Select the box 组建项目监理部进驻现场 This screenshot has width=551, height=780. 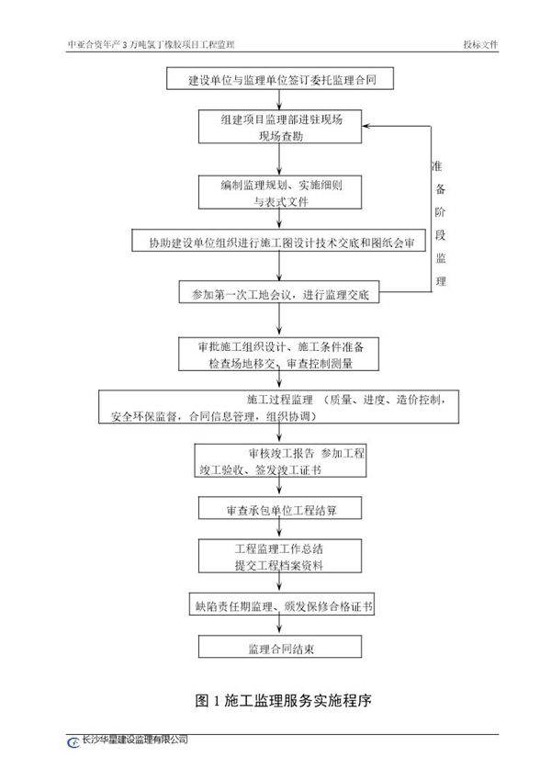[x=282, y=128]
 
